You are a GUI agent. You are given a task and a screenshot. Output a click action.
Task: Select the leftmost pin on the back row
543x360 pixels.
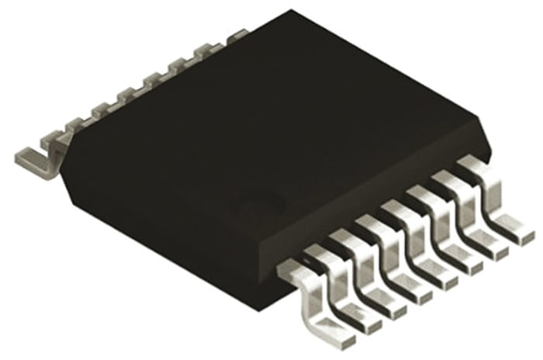click(x=47, y=152)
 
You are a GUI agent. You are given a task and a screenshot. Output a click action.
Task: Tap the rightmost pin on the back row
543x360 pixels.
click(x=233, y=36)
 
